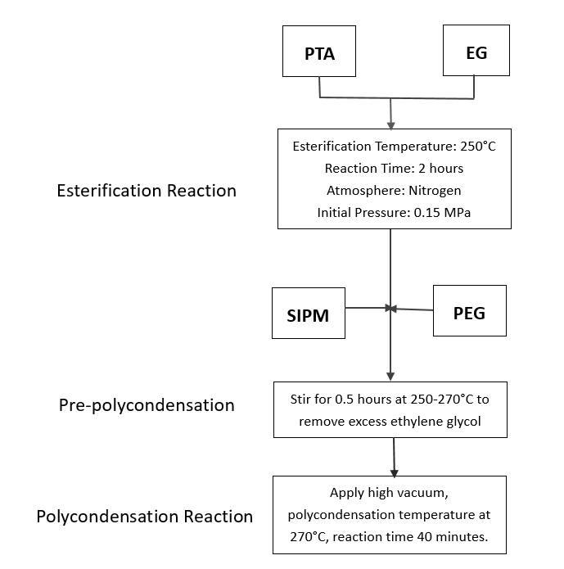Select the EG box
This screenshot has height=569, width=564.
476,52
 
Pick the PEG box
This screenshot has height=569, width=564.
469,311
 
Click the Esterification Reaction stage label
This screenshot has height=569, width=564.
147,191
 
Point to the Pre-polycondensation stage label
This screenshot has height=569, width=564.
147,405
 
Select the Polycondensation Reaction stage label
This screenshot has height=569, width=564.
145,517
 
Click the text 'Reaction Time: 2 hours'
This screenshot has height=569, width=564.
394,169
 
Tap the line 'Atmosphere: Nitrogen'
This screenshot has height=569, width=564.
394,191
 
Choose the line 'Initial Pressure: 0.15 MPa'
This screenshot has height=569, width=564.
394,213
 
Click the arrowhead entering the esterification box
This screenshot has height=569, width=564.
390,124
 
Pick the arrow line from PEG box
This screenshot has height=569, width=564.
414,309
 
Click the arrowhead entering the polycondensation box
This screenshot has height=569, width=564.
395,472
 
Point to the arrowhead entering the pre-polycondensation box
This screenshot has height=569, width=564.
390,377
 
